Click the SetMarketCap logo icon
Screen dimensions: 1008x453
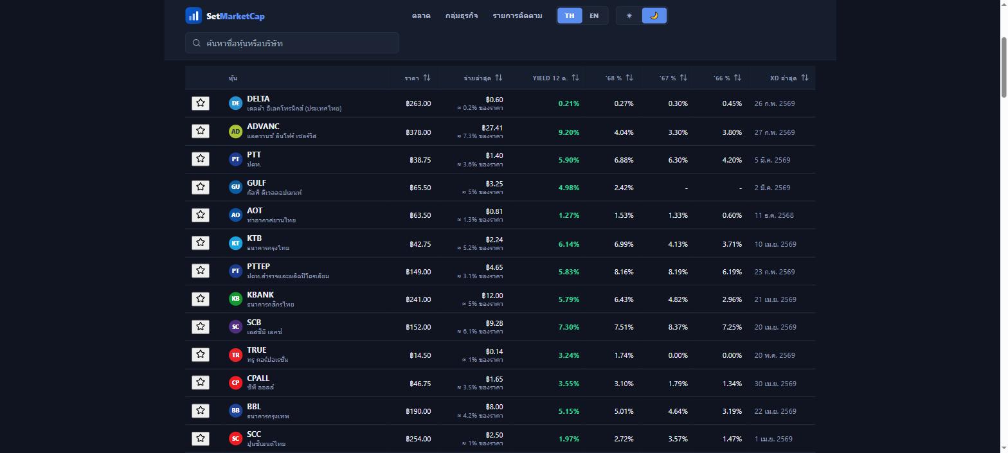click(x=194, y=16)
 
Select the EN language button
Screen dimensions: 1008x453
click(x=594, y=16)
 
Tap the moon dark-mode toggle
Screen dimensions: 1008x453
click(x=654, y=16)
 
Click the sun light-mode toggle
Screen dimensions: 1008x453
click(x=629, y=16)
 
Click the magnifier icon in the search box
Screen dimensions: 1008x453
click(x=197, y=43)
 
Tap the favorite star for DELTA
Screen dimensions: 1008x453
click(x=201, y=103)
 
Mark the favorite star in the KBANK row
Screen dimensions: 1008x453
click(x=201, y=299)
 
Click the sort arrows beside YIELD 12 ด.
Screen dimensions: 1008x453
click(x=575, y=78)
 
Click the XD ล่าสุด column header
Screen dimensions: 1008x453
click(x=783, y=78)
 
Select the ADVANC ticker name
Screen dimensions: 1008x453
click(x=264, y=127)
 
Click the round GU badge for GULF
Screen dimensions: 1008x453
click(x=235, y=187)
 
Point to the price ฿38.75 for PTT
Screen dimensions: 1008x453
click(x=420, y=160)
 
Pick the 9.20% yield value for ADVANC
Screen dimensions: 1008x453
click(x=569, y=132)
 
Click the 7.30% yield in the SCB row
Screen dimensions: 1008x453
click(x=569, y=327)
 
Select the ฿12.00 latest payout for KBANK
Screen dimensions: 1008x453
click(x=492, y=296)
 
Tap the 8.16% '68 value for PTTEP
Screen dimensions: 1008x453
click(x=624, y=272)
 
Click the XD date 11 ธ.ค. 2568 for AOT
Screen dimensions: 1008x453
click(x=774, y=215)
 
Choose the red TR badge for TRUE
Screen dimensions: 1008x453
click(x=235, y=355)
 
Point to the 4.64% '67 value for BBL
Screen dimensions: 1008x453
click(x=678, y=411)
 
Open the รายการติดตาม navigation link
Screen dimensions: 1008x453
click(x=517, y=16)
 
